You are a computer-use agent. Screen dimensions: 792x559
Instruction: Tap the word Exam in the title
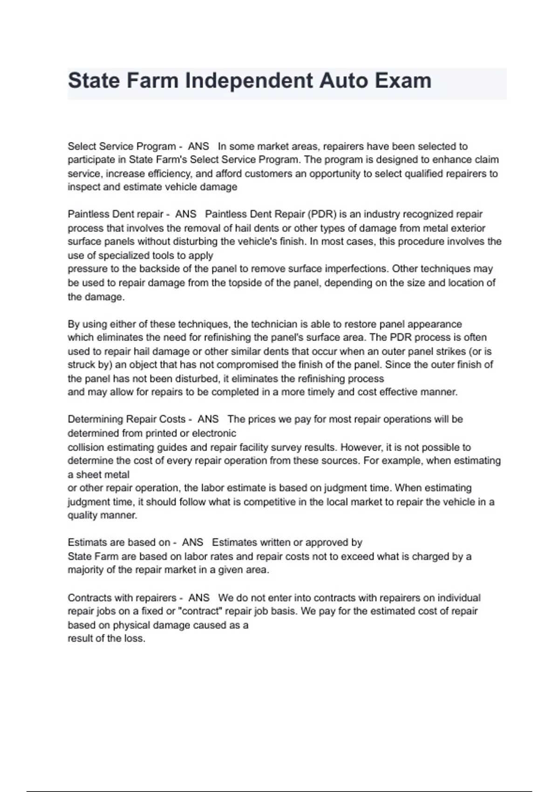tap(403, 81)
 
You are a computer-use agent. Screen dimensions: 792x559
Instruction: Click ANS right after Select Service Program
tap(198, 146)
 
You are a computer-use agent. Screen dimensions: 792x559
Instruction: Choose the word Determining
tap(95, 419)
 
